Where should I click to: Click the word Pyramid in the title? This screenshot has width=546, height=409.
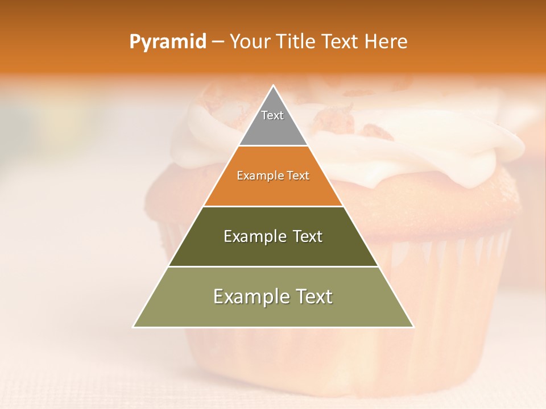click(x=167, y=42)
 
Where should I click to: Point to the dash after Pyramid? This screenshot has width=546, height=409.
click(x=218, y=42)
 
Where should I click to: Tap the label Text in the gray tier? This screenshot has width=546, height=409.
click(x=272, y=115)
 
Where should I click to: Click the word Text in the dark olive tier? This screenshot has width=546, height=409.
click(x=304, y=236)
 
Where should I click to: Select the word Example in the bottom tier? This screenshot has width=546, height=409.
click(x=249, y=297)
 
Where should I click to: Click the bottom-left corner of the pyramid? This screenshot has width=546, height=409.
click(x=134, y=326)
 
